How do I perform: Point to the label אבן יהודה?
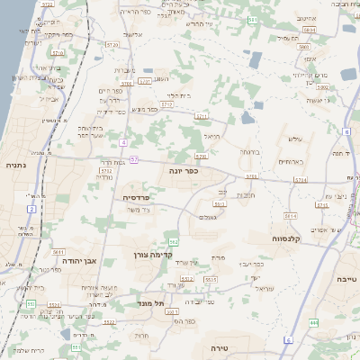click(78, 260)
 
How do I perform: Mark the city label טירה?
click(219, 346)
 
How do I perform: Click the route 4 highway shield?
click(122, 142)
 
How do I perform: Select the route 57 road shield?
click(133, 159)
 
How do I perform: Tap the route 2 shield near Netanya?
click(31, 209)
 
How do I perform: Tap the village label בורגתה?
click(251, 152)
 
